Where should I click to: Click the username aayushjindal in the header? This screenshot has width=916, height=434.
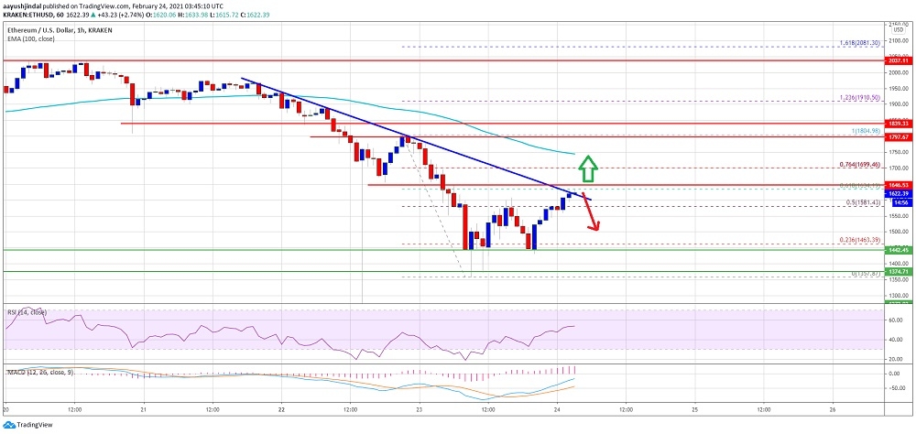27,5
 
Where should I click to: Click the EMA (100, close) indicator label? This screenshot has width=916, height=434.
29,39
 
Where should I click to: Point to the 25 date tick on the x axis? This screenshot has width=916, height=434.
694,408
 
